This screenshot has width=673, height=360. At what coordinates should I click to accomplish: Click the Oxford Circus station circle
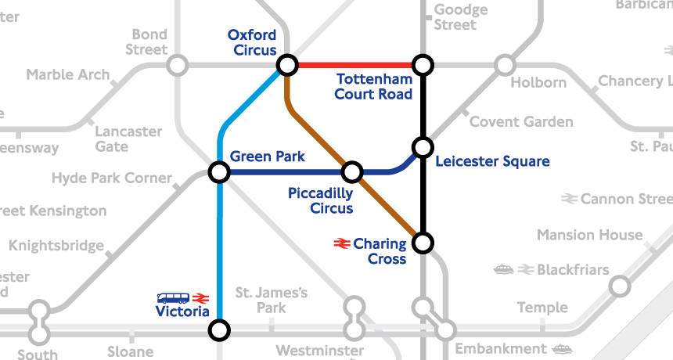(287, 64)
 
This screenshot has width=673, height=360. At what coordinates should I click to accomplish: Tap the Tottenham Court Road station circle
(423, 64)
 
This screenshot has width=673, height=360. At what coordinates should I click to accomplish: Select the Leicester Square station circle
(423, 147)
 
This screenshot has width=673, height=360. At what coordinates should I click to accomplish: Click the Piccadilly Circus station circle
(352, 171)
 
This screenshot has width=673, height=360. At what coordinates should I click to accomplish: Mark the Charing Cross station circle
(423, 243)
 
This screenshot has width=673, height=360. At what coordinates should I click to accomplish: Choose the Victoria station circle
(220, 330)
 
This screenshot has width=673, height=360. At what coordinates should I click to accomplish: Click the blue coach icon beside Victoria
(173, 298)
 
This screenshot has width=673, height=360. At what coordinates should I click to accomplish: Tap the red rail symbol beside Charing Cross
(341, 244)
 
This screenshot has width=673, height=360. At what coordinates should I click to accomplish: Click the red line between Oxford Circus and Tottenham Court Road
(354, 64)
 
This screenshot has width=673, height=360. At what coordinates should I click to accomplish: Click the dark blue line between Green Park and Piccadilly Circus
(286, 171)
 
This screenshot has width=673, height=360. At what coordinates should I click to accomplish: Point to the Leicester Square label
(492, 162)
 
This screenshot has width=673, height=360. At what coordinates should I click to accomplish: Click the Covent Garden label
(520, 122)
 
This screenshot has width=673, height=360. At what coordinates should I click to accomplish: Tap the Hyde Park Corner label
(111, 178)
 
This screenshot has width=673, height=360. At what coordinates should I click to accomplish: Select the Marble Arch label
(67, 75)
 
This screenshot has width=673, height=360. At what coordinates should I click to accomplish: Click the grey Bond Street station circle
(178, 64)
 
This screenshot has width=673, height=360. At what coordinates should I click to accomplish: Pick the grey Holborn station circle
(505, 64)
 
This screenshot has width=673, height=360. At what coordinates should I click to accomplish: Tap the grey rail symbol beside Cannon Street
(569, 200)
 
